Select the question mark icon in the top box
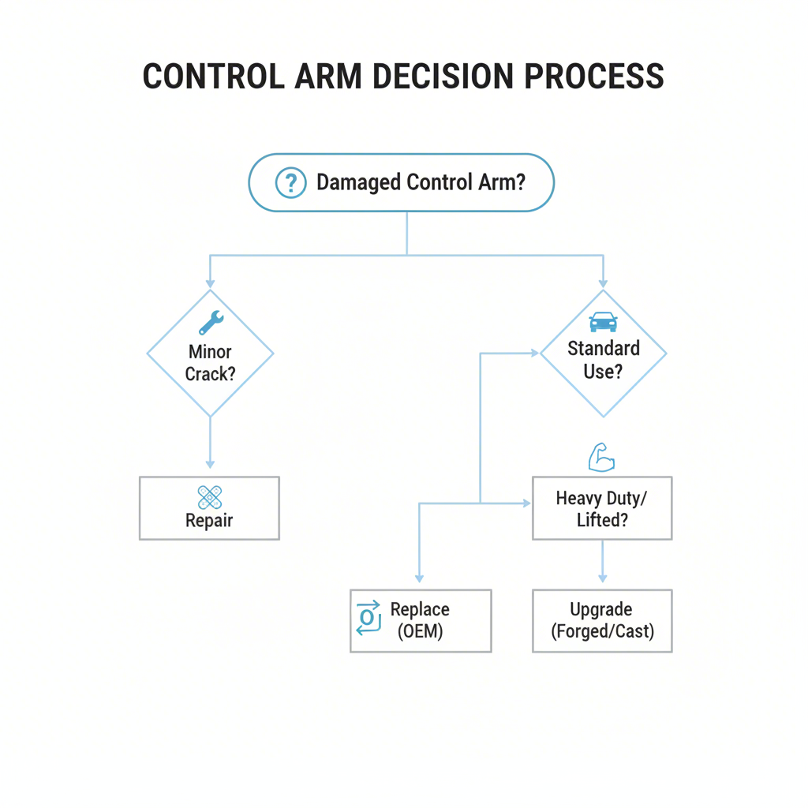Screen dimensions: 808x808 (x=290, y=183)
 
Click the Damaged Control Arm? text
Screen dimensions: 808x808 (x=421, y=183)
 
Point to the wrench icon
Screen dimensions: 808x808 (x=211, y=322)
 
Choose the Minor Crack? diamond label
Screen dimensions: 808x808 (x=210, y=363)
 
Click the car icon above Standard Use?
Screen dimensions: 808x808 (x=604, y=321)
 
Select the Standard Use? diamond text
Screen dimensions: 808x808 (x=604, y=359)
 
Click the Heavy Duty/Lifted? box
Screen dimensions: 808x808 (x=602, y=508)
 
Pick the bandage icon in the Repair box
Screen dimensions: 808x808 (x=209, y=497)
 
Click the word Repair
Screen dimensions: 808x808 (x=209, y=521)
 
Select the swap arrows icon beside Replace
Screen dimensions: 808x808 (x=368, y=617)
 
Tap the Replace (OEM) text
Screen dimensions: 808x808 (x=420, y=620)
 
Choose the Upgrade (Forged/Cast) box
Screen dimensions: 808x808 (x=602, y=620)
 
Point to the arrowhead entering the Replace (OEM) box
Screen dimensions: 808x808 (x=420, y=578)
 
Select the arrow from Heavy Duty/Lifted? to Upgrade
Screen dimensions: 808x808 (x=602, y=562)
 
